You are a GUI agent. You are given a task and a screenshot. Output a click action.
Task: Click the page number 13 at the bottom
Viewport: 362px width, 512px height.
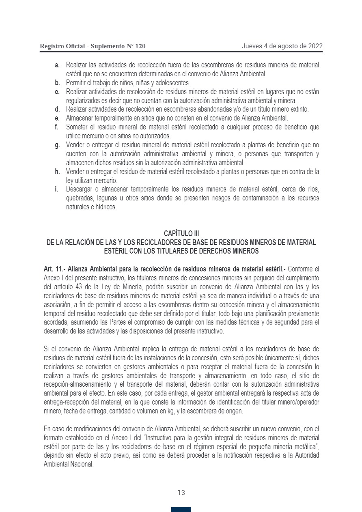tap(181, 493)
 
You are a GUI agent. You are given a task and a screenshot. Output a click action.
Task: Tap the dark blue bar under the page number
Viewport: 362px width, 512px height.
tap(181, 510)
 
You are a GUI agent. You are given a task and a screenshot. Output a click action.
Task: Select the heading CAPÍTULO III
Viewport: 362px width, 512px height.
tap(181, 233)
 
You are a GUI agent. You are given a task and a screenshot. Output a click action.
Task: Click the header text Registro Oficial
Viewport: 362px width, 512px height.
tap(62, 46)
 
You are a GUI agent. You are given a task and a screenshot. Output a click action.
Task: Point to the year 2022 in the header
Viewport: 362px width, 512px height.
tap(315, 46)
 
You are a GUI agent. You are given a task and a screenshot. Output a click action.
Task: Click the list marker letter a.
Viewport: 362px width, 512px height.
tap(57, 65)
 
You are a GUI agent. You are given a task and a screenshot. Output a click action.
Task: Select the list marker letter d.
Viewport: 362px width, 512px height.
tap(57, 109)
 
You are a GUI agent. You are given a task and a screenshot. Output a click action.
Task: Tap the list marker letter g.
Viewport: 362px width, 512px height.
tap(57, 145)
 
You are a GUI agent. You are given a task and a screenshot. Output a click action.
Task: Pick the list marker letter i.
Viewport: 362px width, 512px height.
tap(57, 189)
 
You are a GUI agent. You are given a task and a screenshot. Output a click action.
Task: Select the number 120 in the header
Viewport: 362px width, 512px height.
tap(139, 46)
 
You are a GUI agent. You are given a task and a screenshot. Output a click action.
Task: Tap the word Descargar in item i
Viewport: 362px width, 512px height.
tap(80, 189)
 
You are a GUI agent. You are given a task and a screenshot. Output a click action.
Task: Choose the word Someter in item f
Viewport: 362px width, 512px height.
tap(78, 127)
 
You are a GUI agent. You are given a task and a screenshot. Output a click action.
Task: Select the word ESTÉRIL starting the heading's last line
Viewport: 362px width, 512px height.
tap(116, 251)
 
